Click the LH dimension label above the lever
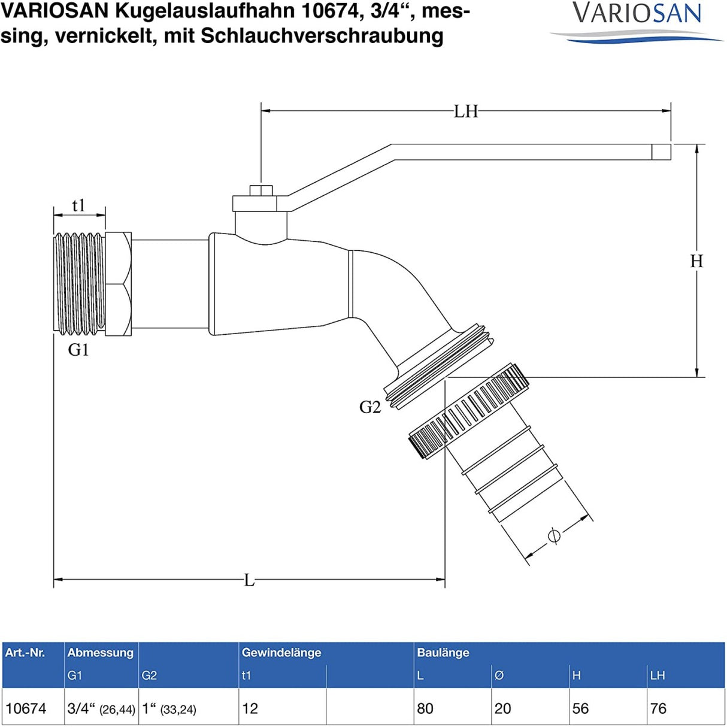coord(465,111)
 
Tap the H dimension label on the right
coord(696,261)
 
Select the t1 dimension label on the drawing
coord(78,205)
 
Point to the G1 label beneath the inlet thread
coord(78,350)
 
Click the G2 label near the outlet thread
coord(369,407)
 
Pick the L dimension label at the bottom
coord(249,580)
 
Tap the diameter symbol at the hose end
coord(554,535)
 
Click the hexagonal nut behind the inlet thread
coord(118,284)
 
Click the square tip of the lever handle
coord(661,152)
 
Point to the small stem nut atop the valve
coord(261,191)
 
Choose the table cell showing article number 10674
coord(26,708)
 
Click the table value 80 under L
coord(425,708)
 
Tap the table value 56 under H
coord(580,708)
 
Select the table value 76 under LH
coord(658,708)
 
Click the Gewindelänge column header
coord(281,653)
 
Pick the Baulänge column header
coord(443,653)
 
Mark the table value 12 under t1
coord(250,708)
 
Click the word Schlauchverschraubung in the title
coord(322,36)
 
